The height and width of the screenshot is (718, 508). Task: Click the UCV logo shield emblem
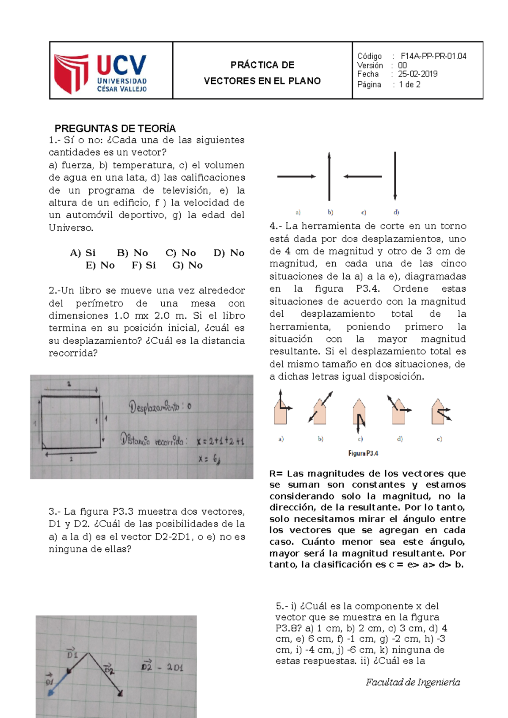pos(71,73)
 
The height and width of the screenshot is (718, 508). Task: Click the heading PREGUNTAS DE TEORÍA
pos(115,129)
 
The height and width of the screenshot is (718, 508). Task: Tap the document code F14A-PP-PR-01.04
pos(433,56)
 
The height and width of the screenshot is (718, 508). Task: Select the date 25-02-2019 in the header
pos(417,74)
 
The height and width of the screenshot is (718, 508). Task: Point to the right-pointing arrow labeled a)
pos(296,176)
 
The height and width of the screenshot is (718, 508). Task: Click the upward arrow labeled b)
pos(329,177)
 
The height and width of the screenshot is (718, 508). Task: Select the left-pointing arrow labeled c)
pos(363,176)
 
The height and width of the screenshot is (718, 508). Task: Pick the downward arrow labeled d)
pos(395,176)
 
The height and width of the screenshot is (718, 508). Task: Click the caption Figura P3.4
pos(363,453)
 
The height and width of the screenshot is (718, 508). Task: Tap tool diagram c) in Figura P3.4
pos(359,417)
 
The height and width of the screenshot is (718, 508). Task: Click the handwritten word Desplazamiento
pos(155,407)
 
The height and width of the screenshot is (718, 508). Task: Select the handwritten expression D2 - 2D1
pos(162,668)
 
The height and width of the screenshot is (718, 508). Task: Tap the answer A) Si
pos(83,253)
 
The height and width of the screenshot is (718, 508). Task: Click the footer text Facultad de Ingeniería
pos(413,682)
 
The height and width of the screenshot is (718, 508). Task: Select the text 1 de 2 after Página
pos(409,85)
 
